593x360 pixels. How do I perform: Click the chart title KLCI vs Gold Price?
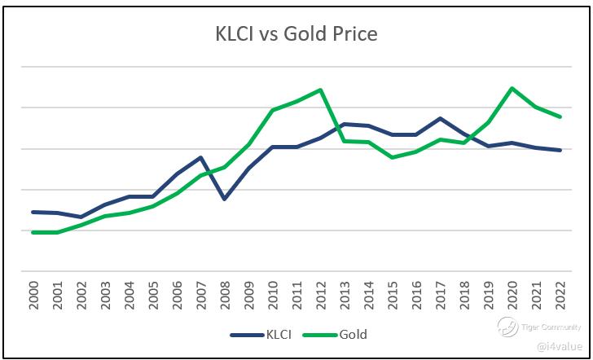coord(296,34)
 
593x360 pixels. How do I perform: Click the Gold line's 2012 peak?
coord(320,90)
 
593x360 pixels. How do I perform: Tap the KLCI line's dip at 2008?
coord(225,199)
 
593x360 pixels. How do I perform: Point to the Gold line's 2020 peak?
coord(512,88)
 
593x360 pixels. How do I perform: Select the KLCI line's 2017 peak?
coord(441,118)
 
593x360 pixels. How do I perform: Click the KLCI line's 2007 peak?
coord(200,157)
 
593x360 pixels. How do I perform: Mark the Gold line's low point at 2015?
coord(393,157)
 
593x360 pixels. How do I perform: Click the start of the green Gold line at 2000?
coord(33,232)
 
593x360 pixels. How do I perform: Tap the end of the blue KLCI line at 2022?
coord(560,150)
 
